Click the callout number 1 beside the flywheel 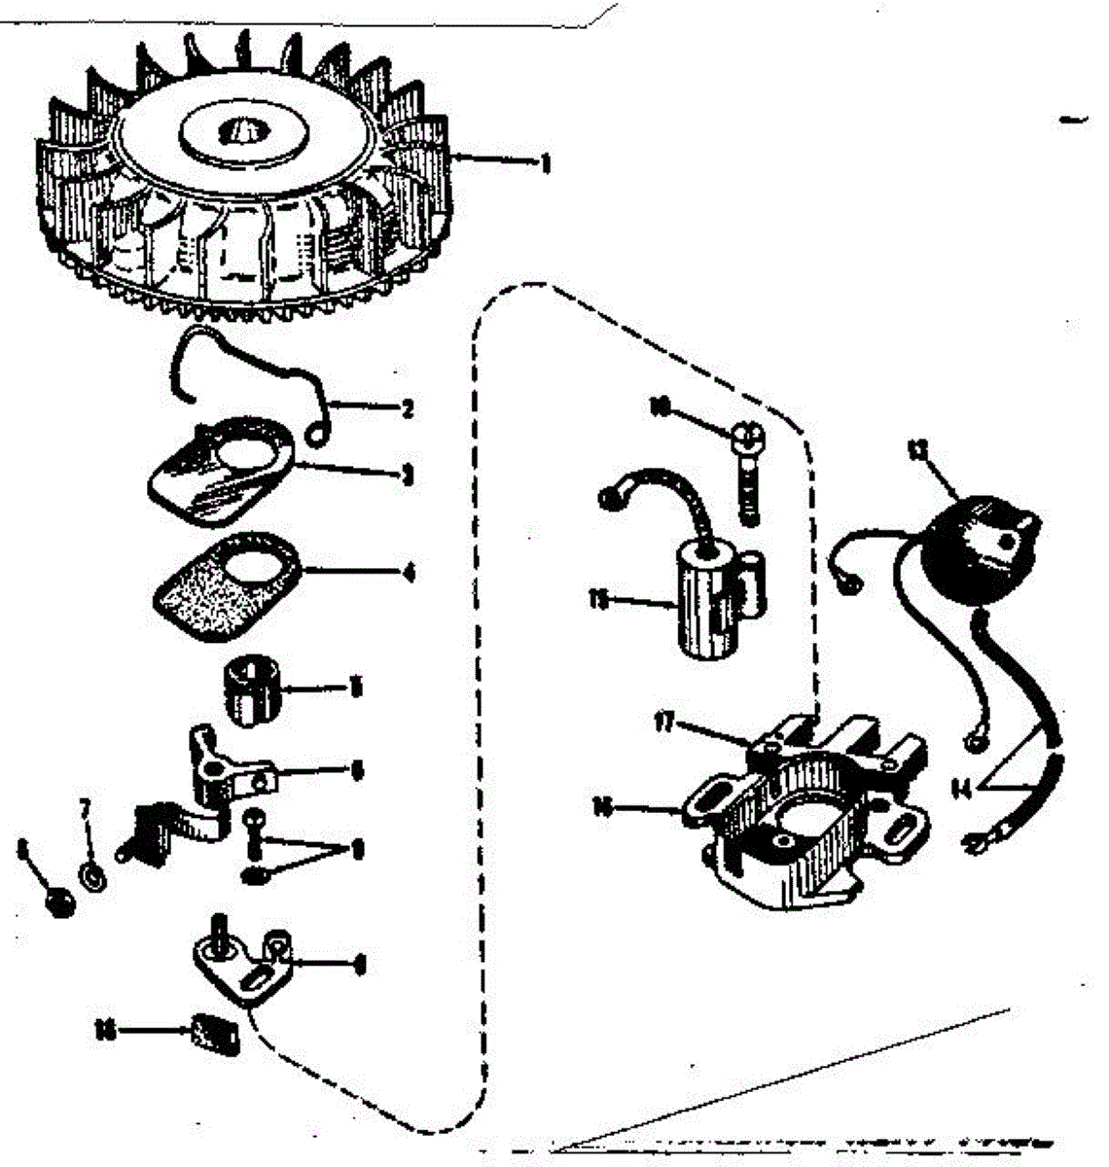coord(545,163)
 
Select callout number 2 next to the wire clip coord(407,409)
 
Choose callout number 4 coord(408,572)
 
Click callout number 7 coord(86,807)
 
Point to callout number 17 coord(665,724)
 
